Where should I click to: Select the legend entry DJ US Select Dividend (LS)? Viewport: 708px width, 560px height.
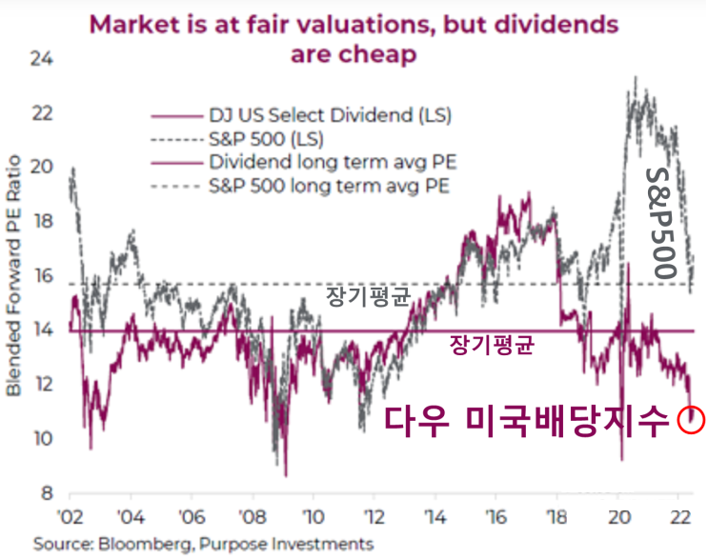coord(329,116)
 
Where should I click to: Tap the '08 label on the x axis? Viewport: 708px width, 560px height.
coord(253,519)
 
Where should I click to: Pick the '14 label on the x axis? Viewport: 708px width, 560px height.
coord(435,519)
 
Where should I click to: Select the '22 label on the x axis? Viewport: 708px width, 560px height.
coord(679,519)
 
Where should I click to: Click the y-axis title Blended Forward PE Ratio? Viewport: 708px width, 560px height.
coord(14,276)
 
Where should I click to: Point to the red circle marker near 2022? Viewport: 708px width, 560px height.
coord(691,418)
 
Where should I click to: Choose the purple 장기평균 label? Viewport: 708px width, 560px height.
coord(489,345)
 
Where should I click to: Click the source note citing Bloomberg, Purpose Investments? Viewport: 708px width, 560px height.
coord(203,544)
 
